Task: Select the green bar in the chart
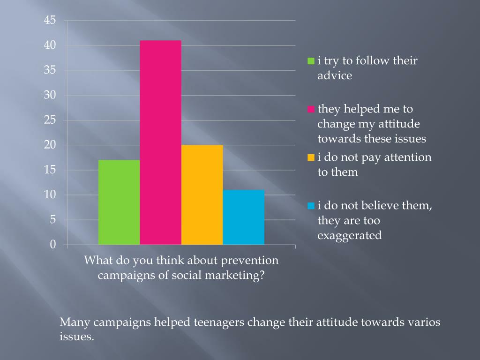pos(119,202)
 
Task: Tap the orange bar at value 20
pos(202,195)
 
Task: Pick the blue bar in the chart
pos(243,217)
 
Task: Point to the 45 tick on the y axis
pos(50,20)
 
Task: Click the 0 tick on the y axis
pos(53,244)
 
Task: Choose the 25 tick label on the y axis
pos(50,120)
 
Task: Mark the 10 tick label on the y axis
pos(50,195)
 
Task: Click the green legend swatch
pos(311,61)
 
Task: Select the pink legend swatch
pos(311,109)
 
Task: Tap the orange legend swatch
pos(311,157)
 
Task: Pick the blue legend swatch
pos(311,206)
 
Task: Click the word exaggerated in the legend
pos(349,235)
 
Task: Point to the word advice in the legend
pos(334,75)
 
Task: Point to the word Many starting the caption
pos(75,322)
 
